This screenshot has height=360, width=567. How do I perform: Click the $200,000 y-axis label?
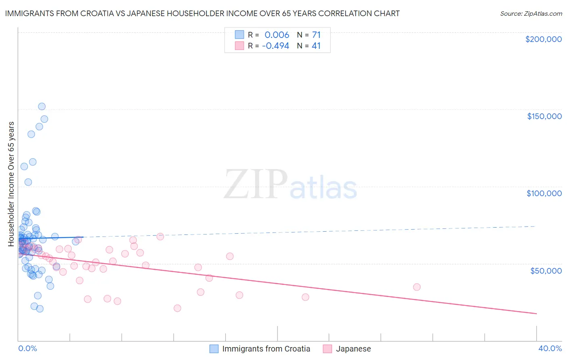543,39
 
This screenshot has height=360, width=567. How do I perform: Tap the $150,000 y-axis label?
544,116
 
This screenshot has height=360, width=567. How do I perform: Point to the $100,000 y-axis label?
544,193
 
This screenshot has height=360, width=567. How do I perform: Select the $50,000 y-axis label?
546,270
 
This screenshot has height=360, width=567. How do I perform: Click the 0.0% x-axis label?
27,348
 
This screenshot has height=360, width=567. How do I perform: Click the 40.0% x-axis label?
550,348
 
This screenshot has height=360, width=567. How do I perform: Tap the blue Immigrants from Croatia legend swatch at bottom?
214,349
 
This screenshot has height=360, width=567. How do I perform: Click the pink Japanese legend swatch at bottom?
327,349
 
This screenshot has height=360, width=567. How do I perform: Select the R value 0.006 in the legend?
277,35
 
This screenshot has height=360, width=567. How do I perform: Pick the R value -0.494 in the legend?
275,46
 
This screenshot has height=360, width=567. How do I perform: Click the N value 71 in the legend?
316,35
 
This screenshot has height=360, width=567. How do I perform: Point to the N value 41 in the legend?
316,46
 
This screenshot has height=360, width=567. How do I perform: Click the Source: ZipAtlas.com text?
531,13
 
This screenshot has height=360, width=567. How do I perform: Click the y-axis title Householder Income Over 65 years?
11,184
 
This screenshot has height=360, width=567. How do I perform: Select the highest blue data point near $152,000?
42,107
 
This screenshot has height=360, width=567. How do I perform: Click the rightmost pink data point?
417,287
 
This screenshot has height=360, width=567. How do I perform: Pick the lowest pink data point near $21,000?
177,308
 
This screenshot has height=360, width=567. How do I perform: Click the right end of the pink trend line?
536,313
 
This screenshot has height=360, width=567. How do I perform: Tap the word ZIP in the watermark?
255,185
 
